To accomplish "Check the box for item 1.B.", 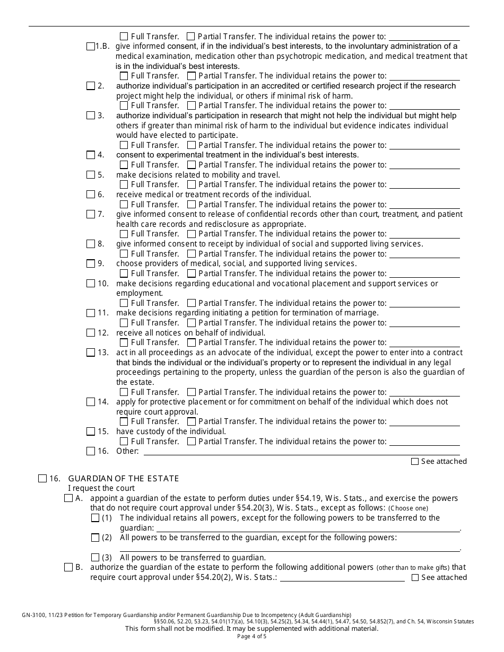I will pyautogui.click(x=91, y=46).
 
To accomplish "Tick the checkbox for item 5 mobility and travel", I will pyautogui.click(x=91, y=175).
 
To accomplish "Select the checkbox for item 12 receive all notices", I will pyautogui.click(x=91, y=333).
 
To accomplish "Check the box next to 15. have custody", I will pyautogui.click(x=91, y=431).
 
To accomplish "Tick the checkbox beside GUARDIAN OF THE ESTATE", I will pyautogui.click(x=43, y=479).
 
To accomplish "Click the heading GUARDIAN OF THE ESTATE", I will pyautogui.click(x=124, y=479).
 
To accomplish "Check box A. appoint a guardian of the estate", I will pyautogui.click(x=68, y=498).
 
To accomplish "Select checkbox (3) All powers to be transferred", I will pyautogui.click(x=95, y=558).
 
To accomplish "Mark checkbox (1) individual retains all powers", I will pyautogui.click(x=95, y=518).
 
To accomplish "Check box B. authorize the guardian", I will pyautogui.click(x=68, y=568).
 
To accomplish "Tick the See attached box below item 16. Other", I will pyautogui.click(x=415, y=462).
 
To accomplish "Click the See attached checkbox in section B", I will pyautogui.click(x=415, y=578).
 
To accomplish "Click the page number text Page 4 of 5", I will pyautogui.click(x=252, y=637).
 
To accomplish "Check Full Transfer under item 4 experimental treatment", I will pyautogui.click(x=124, y=165).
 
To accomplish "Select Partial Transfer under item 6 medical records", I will pyautogui.click(x=192, y=205).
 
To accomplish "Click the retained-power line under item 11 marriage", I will pyautogui.click(x=424, y=323).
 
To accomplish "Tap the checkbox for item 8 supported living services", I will pyautogui.click(x=91, y=244).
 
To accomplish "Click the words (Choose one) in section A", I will pyautogui.click(x=408, y=508).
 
